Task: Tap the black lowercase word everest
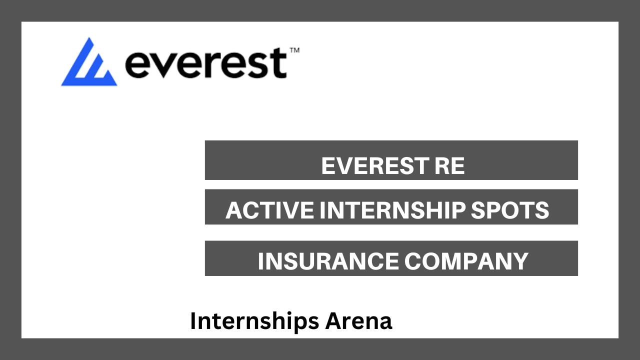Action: point(205,63)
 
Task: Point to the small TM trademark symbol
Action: point(294,50)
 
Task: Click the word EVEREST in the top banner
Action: point(374,165)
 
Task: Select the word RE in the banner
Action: point(449,165)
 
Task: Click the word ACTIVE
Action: point(269,210)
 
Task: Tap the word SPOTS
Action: point(509,210)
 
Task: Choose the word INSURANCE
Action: point(328,261)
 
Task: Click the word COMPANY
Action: point(466,261)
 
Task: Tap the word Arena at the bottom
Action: point(358,321)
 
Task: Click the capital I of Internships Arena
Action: point(193,320)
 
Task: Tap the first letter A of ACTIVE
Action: point(234,210)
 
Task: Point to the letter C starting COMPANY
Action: point(413,261)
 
